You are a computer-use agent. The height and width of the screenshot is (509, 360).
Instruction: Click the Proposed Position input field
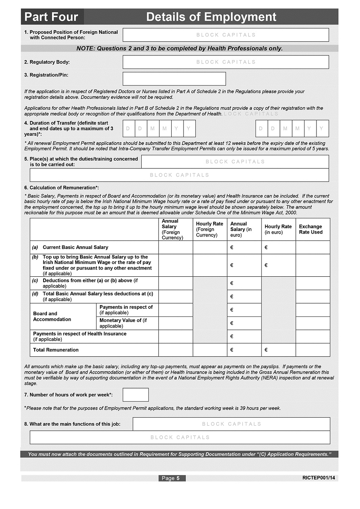point(225,35)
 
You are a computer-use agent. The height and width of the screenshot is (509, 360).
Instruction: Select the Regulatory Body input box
point(225,62)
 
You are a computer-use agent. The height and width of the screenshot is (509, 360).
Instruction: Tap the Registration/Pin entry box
point(174,79)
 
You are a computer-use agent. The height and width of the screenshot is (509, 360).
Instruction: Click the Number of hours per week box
point(135,395)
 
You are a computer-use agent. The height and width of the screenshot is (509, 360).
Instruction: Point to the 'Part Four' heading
point(51,17)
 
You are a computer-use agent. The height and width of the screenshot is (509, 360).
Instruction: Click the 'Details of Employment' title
point(211,17)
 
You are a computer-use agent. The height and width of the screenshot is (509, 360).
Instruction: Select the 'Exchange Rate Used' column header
point(311,229)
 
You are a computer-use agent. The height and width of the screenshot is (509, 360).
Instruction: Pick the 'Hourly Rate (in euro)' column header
point(278,229)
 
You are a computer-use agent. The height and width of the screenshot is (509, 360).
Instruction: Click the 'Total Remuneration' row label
point(56,350)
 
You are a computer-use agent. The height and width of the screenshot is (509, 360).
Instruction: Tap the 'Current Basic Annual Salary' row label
point(75,248)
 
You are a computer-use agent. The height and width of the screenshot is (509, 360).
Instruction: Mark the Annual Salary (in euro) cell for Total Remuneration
point(244,350)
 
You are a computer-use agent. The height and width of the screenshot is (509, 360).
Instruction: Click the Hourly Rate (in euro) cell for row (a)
point(278,248)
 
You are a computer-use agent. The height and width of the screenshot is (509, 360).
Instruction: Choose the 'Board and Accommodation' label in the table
point(52,316)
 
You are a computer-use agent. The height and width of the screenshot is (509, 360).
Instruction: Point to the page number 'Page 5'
point(172,478)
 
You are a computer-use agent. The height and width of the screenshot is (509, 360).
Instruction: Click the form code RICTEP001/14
point(320,478)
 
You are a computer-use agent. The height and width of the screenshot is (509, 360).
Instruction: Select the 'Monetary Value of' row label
point(123,323)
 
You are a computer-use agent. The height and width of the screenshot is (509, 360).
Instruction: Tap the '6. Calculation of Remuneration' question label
point(62,188)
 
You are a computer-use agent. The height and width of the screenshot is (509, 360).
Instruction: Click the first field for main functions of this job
point(231,424)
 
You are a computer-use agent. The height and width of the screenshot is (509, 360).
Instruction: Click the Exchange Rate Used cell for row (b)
point(313,265)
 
